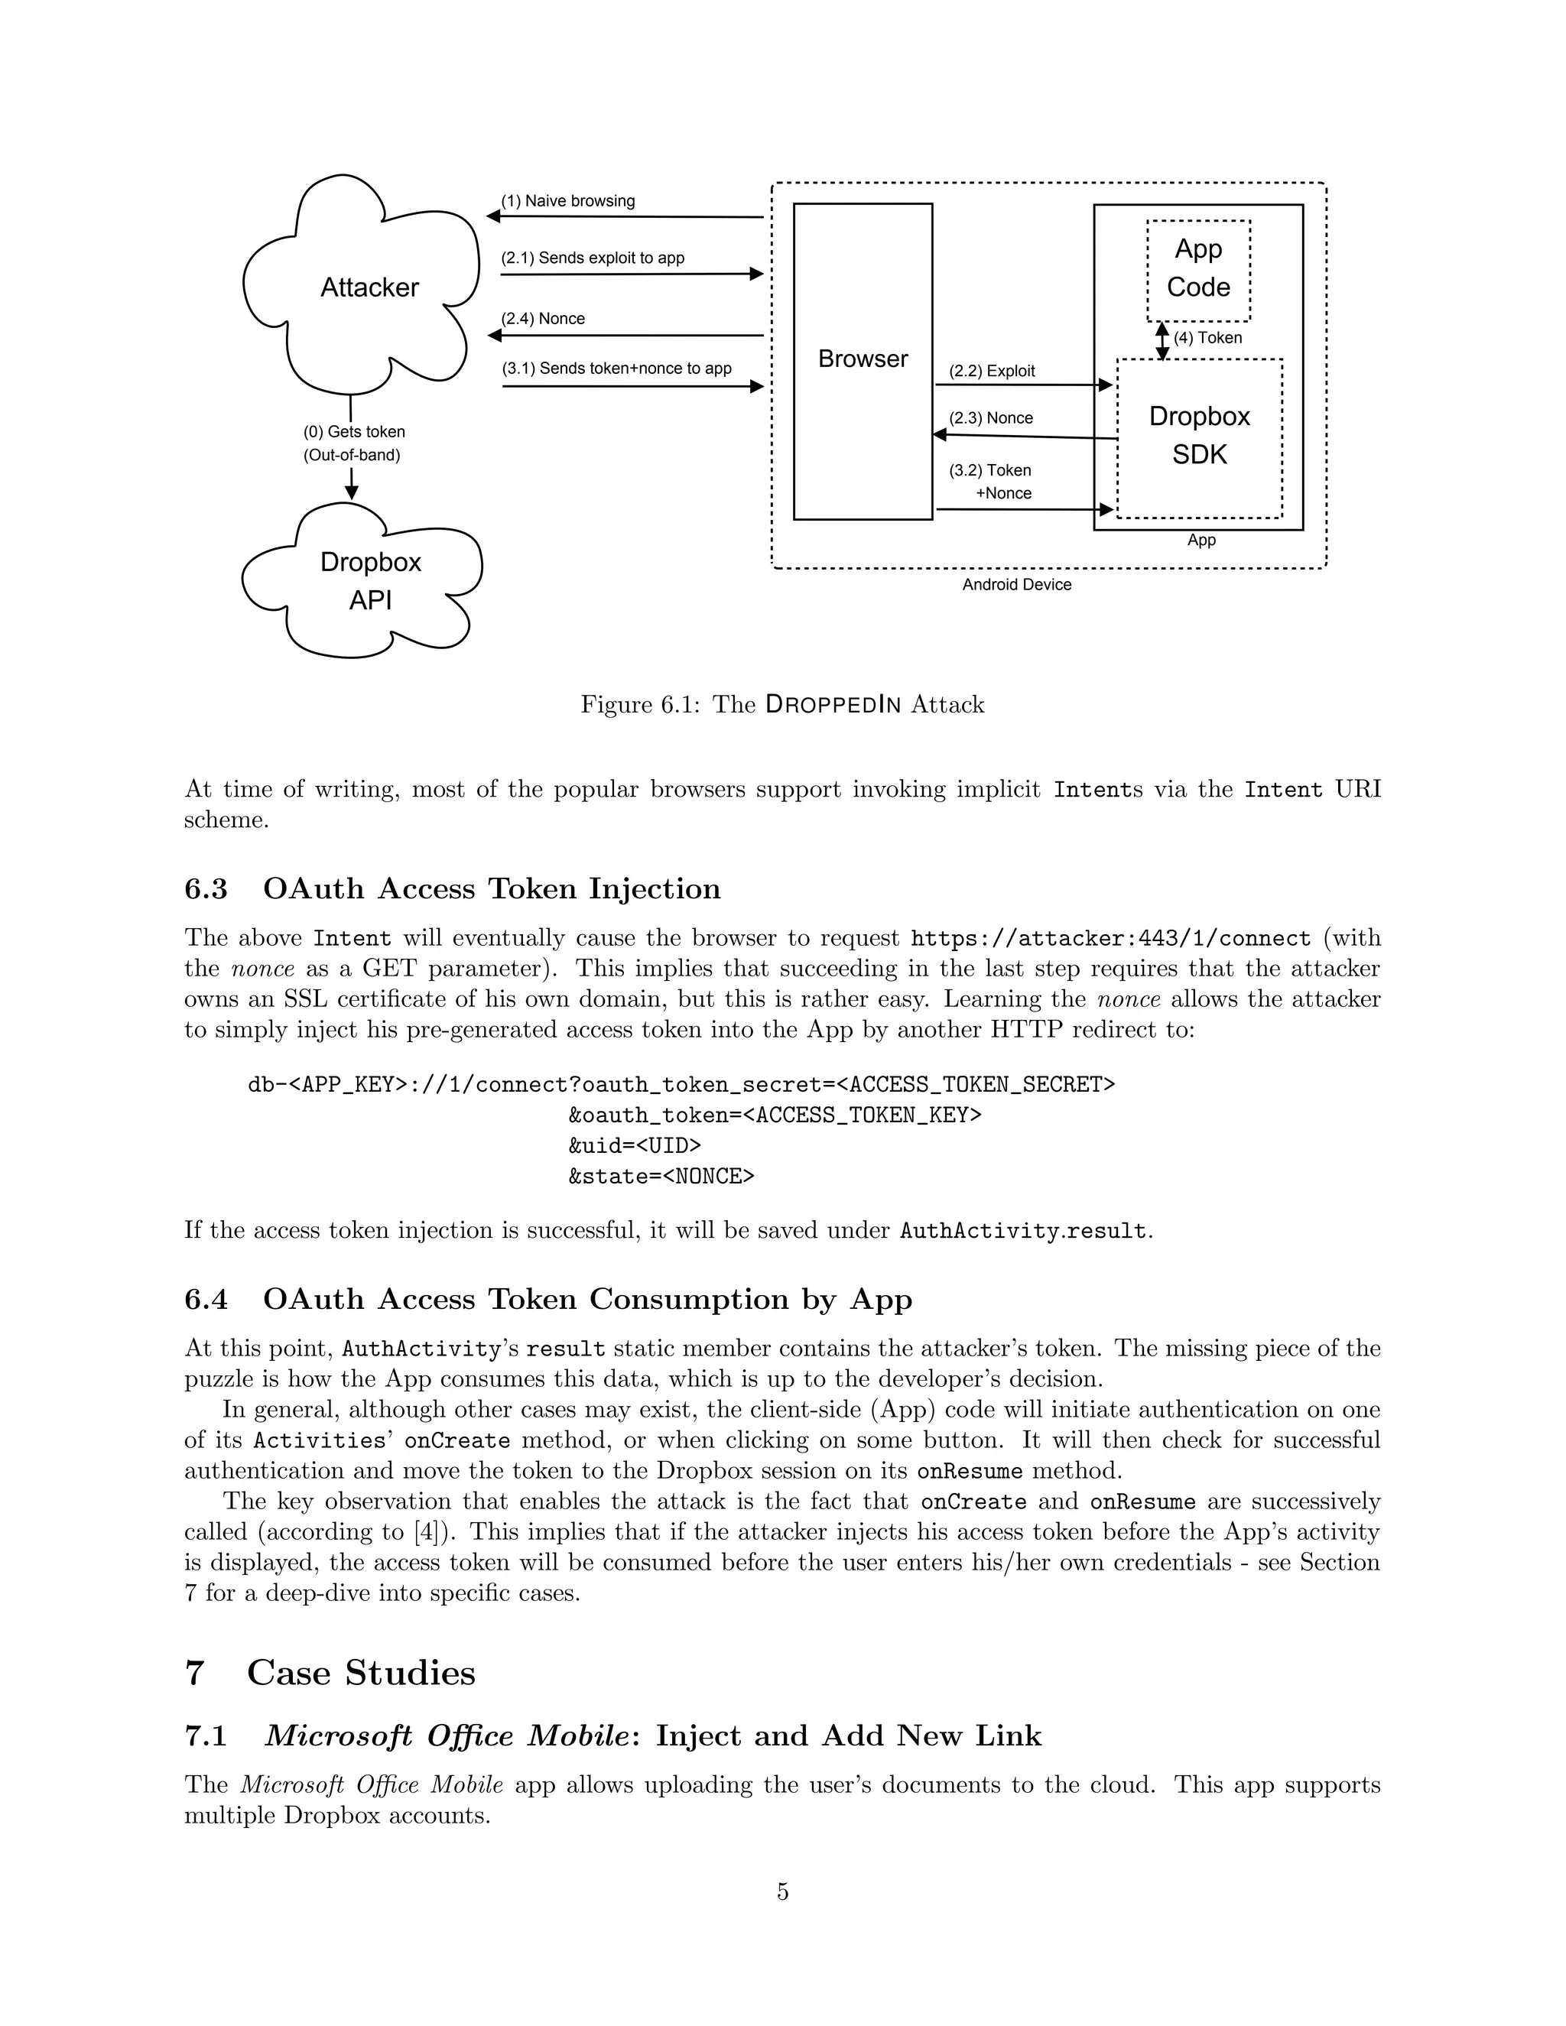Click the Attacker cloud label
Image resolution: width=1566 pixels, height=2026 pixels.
369,287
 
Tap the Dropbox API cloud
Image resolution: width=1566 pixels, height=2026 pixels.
370,582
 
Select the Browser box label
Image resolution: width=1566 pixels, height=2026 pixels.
863,359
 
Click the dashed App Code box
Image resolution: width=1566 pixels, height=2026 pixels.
1197,269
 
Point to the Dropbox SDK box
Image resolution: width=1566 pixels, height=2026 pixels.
1199,436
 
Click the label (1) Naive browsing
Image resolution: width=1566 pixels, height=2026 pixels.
568,201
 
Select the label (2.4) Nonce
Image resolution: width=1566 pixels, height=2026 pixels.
543,319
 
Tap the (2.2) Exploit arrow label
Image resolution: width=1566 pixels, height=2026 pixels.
991,371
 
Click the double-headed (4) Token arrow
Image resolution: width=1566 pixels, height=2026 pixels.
1162,340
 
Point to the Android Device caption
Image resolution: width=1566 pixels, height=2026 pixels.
1016,584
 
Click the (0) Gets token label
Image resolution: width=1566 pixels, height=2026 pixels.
353,432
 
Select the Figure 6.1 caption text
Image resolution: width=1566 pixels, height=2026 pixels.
782,704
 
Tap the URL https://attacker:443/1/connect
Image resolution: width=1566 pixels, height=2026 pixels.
1110,938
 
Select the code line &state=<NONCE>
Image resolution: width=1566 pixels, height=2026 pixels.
661,1177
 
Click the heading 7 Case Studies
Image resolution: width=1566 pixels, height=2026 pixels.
330,1673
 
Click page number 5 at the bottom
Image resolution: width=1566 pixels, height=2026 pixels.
782,1891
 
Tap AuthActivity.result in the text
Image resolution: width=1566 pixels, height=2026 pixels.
1023,1231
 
